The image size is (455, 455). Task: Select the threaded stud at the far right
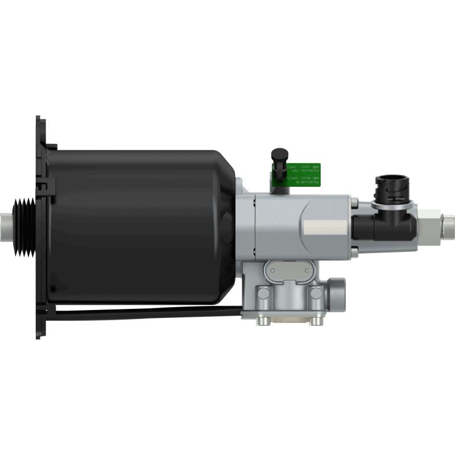coord(448,220)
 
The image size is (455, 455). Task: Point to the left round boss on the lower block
coord(263,293)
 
